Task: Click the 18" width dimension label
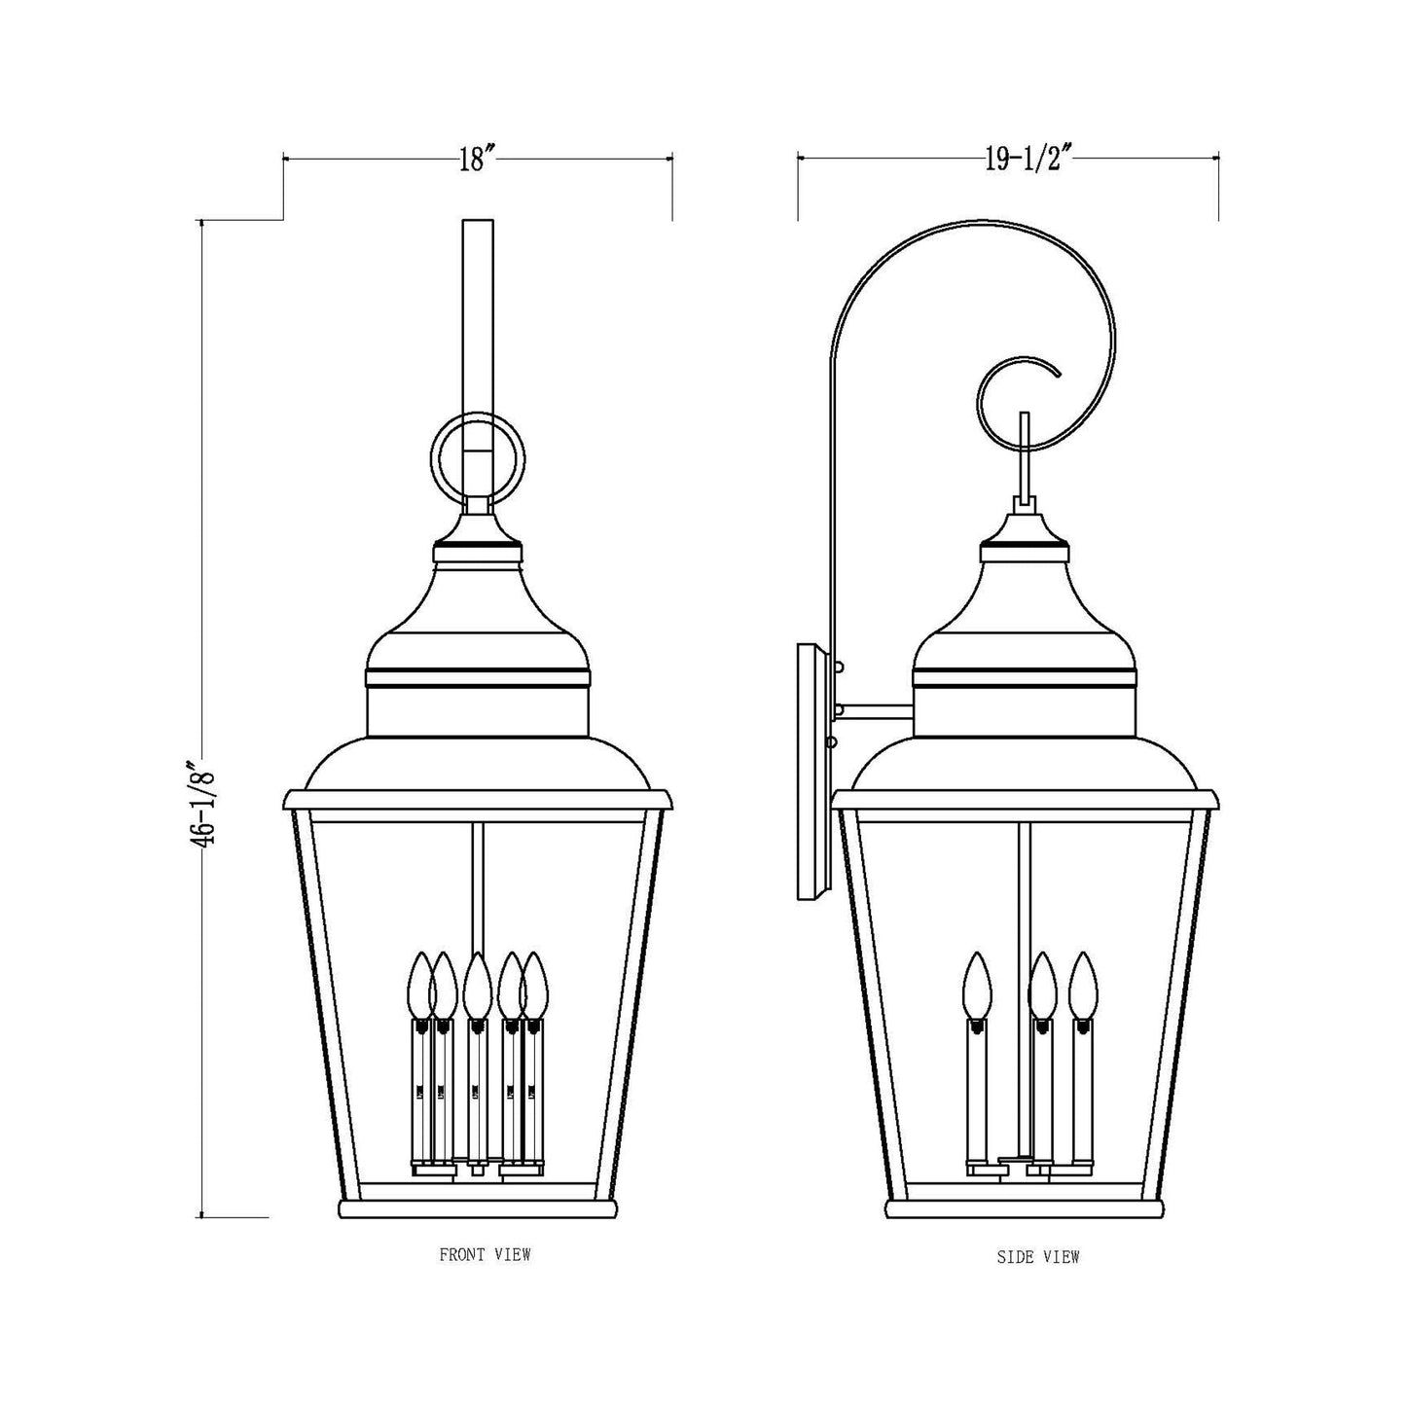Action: click(x=478, y=159)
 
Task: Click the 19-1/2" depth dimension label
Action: click(x=1027, y=159)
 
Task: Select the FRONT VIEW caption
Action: click(x=485, y=1255)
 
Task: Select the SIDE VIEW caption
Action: click(x=1038, y=1257)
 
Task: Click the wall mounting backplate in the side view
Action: click(x=810, y=772)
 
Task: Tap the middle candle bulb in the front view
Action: click(x=476, y=985)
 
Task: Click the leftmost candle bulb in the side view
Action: click(x=976, y=985)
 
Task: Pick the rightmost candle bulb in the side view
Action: click(x=1082, y=985)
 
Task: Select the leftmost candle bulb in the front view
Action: click(x=419, y=985)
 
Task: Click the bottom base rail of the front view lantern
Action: click(x=478, y=1209)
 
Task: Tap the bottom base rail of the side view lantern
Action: click(x=1026, y=1209)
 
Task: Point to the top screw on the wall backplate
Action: click(x=838, y=667)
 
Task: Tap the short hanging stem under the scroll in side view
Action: click(x=1024, y=452)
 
